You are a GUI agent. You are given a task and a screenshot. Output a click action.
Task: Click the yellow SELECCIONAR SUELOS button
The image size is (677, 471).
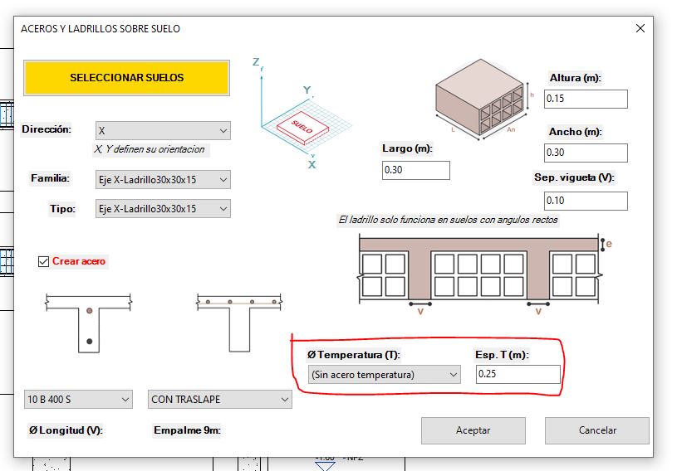tap(126, 78)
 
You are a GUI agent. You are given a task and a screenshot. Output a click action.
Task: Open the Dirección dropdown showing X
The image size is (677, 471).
tap(163, 130)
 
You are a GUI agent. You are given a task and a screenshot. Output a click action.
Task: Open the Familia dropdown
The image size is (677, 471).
tap(163, 180)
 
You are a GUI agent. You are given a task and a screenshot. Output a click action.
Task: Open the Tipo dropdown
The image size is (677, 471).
tap(163, 209)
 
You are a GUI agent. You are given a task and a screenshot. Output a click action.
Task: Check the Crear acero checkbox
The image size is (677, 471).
tap(43, 261)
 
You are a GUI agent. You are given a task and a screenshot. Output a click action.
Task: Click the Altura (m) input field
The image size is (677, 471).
tap(586, 99)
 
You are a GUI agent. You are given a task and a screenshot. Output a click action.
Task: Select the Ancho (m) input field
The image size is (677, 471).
tap(586, 153)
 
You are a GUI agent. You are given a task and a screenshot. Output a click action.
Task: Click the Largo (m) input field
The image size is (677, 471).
tap(416, 170)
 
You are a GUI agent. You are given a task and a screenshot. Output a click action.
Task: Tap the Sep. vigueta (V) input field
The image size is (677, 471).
tap(586, 201)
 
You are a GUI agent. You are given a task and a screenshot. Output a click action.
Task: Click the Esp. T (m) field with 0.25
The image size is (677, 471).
tap(518, 374)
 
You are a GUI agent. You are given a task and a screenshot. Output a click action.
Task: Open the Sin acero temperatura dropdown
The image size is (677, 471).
tap(385, 375)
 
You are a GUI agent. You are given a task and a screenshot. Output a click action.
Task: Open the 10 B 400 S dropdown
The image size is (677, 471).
tap(78, 400)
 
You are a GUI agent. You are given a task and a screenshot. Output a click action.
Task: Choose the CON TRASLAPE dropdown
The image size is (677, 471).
tap(220, 400)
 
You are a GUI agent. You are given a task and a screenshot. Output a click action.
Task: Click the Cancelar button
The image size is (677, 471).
tap(597, 430)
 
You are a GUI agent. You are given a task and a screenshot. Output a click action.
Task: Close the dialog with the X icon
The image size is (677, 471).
tap(640, 28)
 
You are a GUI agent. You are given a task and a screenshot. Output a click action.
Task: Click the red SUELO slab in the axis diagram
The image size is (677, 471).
tap(302, 126)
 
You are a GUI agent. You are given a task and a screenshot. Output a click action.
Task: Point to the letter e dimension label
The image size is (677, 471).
tap(609, 244)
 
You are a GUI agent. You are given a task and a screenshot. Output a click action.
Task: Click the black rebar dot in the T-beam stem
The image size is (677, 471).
tap(90, 342)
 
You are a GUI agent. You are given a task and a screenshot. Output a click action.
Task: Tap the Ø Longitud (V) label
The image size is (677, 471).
tap(66, 430)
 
